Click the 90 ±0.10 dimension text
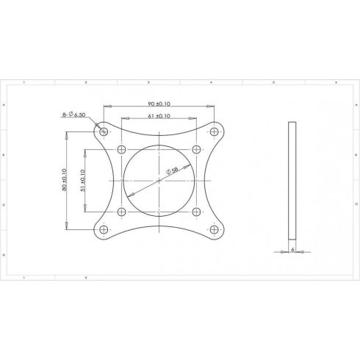159,104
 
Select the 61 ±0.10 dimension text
159,116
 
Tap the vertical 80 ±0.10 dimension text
65,180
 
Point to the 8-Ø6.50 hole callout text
75,115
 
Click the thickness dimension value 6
292,250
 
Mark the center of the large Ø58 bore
159,180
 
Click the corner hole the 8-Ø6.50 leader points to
103,132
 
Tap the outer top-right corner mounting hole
215,132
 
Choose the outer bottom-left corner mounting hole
103,230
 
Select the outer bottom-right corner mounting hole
215,230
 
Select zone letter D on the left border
6,254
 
